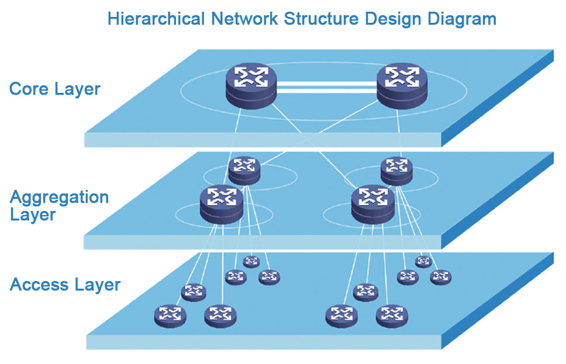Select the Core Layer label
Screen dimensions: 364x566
click(x=55, y=89)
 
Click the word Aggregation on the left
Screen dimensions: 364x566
click(x=59, y=197)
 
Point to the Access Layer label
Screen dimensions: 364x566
click(x=65, y=285)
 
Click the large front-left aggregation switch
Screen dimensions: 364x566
click(x=221, y=203)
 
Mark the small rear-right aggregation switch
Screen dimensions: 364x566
click(x=396, y=170)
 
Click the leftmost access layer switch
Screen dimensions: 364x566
click(x=170, y=316)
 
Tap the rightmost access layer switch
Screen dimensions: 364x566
click(x=440, y=277)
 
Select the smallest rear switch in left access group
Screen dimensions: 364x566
click(x=251, y=261)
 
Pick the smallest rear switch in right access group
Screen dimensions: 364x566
click(x=423, y=261)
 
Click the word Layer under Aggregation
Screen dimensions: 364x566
click(x=33, y=214)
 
